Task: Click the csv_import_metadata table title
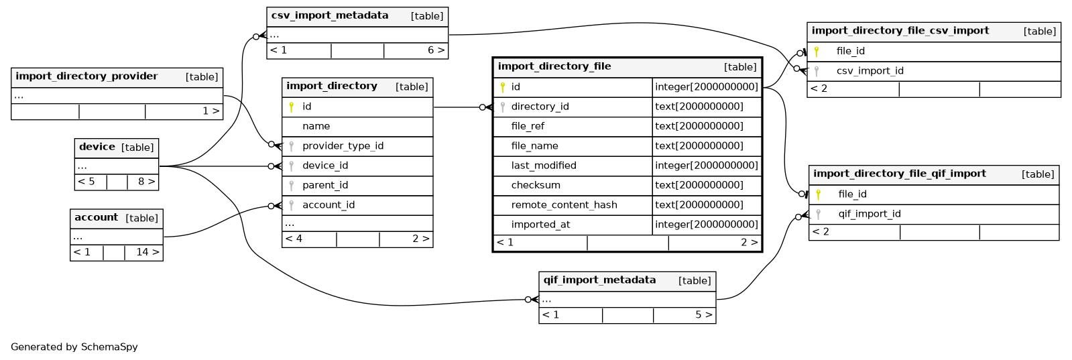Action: tap(330, 15)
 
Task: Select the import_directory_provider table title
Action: tap(86, 76)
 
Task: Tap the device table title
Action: tap(97, 147)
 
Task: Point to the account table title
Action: tap(96, 217)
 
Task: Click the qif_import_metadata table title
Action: tap(599, 280)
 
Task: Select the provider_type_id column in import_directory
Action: tap(343, 146)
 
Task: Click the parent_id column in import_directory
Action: tap(325, 185)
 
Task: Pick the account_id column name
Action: tap(329, 205)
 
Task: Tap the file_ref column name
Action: tap(528, 127)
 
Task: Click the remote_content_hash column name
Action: tap(564, 205)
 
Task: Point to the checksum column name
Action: tap(536, 185)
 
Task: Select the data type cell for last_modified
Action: tap(707, 166)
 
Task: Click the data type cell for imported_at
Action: tap(707, 225)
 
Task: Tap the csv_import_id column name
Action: tap(870, 71)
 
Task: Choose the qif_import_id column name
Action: tap(870, 214)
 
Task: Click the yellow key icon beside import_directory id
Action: tap(291, 107)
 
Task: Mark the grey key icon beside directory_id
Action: tap(503, 107)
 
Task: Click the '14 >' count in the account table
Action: tap(147, 252)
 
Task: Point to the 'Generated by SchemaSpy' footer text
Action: tap(74, 347)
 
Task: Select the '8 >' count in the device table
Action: tap(146, 182)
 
